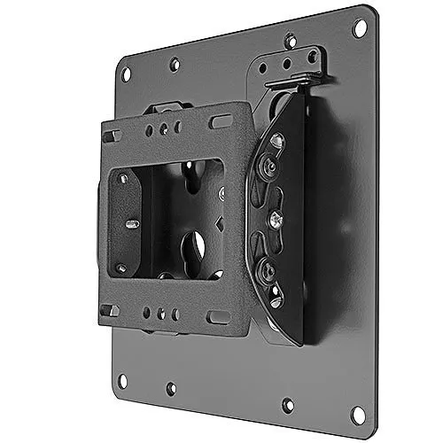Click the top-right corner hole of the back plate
[359, 27]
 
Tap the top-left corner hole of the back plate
[125, 74]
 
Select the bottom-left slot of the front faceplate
[110, 309]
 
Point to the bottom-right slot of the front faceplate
[218, 316]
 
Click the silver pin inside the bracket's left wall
[131, 223]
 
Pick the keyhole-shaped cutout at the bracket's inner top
[190, 167]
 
